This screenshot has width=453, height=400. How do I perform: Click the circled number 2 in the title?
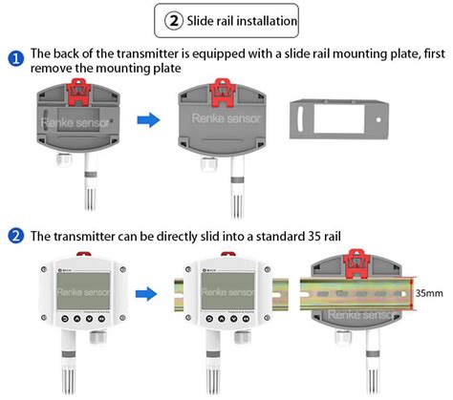[x=174, y=18]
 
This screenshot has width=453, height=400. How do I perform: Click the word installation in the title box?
[x=259, y=18]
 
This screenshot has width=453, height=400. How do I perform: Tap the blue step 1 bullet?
[x=16, y=58]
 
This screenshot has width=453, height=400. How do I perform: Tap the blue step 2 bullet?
[x=16, y=234]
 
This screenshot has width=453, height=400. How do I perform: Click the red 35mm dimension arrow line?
[x=412, y=292]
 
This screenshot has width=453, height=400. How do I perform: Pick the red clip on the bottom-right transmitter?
[x=358, y=260]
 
